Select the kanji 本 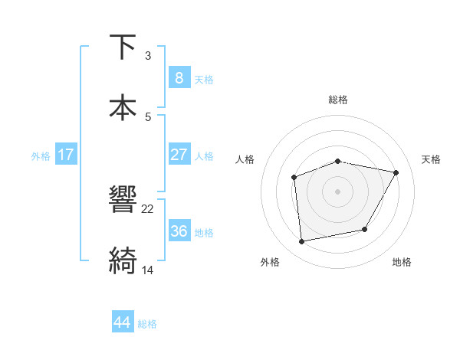tap(123, 107)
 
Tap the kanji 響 tap(123, 201)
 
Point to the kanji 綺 tap(123, 260)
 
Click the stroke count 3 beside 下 tap(148, 56)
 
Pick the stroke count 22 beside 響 tap(148, 209)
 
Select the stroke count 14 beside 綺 tap(148, 270)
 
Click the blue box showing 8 tap(179, 77)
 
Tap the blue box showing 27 tap(179, 155)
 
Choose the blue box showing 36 tap(179, 231)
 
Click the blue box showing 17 tap(66, 155)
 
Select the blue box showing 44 tap(123, 322)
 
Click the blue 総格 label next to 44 tap(147, 324)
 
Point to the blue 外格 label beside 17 tap(41, 156)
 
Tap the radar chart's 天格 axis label tap(431, 159)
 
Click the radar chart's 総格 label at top tap(338, 100)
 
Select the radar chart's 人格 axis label tap(245, 159)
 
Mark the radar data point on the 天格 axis tap(396, 173)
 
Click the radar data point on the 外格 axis tap(302, 242)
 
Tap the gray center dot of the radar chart tap(338, 191)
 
